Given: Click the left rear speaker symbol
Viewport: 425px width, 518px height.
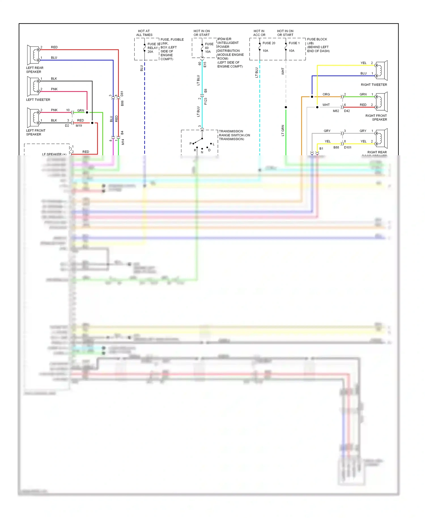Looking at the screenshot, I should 33,55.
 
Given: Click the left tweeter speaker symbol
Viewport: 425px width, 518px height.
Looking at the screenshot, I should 33,86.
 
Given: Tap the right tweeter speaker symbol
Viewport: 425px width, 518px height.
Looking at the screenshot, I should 381,71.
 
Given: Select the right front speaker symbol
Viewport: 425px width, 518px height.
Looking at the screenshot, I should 381,102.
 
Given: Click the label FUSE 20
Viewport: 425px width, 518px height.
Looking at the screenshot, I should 269,43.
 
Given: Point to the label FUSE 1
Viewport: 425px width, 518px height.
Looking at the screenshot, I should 294,43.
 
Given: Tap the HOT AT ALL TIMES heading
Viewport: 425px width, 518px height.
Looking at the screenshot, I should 144,33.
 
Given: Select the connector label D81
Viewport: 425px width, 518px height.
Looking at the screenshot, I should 122,94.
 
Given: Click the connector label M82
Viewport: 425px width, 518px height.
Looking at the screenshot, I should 336,111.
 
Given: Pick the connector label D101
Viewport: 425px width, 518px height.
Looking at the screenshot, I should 348,148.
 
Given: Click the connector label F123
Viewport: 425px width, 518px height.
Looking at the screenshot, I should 206,101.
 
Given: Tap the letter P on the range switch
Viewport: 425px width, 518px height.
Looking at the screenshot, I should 190,144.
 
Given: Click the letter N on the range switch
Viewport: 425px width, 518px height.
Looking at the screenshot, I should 202,152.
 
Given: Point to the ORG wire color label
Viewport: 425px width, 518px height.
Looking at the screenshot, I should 326,94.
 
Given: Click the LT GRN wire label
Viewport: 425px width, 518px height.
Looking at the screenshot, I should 283,130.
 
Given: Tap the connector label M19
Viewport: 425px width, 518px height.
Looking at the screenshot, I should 79,126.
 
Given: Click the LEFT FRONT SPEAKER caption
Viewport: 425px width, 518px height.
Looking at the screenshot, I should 36,133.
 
